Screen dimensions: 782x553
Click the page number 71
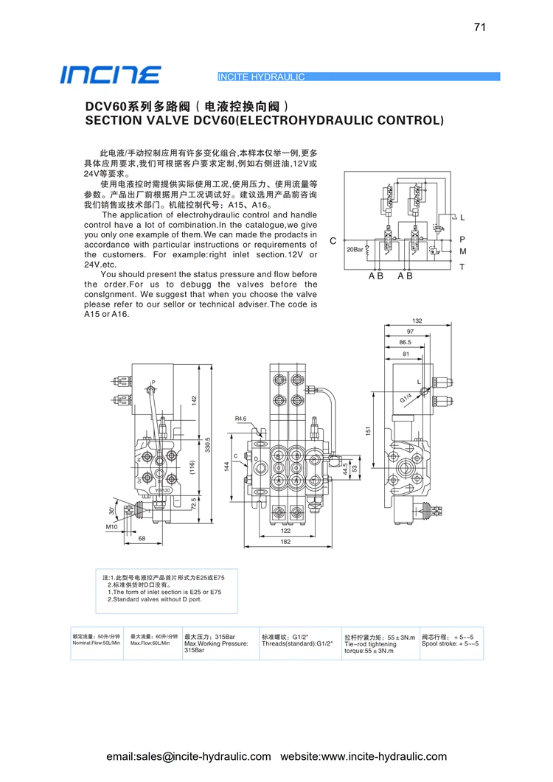[480, 27]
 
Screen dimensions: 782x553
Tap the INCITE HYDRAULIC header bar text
[262, 77]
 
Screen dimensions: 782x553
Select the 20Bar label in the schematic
[355, 250]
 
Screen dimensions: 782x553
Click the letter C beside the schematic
[333, 241]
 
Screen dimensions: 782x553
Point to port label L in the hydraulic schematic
[462, 218]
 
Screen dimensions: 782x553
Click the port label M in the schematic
[462, 252]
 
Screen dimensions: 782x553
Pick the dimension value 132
[417, 321]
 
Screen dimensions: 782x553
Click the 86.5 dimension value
[406, 343]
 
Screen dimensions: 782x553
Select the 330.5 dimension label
[208, 444]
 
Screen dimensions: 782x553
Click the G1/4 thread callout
[406, 398]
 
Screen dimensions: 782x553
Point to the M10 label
[111, 527]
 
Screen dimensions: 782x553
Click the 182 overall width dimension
[285, 542]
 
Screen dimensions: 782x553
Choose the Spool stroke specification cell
[450, 640]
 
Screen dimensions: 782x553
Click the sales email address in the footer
[189, 756]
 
